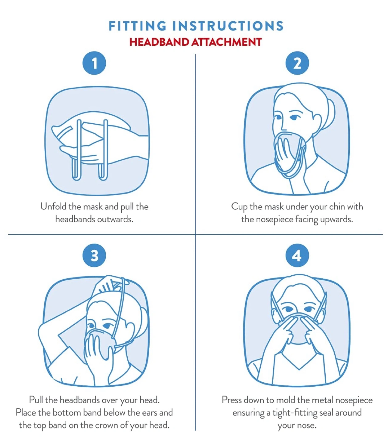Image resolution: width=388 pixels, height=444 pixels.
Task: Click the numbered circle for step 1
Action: point(94,63)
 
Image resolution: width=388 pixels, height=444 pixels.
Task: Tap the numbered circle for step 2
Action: point(297,63)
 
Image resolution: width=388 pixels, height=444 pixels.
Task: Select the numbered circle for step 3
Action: point(94,255)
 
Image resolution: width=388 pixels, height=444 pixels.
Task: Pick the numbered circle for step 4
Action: point(297,255)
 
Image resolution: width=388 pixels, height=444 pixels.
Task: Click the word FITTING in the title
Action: point(137,26)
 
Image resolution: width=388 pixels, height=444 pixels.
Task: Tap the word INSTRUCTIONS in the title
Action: point(228,26)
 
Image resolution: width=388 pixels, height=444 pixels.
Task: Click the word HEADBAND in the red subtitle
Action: point(159,42)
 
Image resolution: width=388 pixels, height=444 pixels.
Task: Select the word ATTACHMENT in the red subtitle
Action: point(226,42)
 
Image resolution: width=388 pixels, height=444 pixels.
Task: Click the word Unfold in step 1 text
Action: point(53,206)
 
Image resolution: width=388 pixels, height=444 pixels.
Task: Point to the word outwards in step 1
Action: point(115,219)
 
